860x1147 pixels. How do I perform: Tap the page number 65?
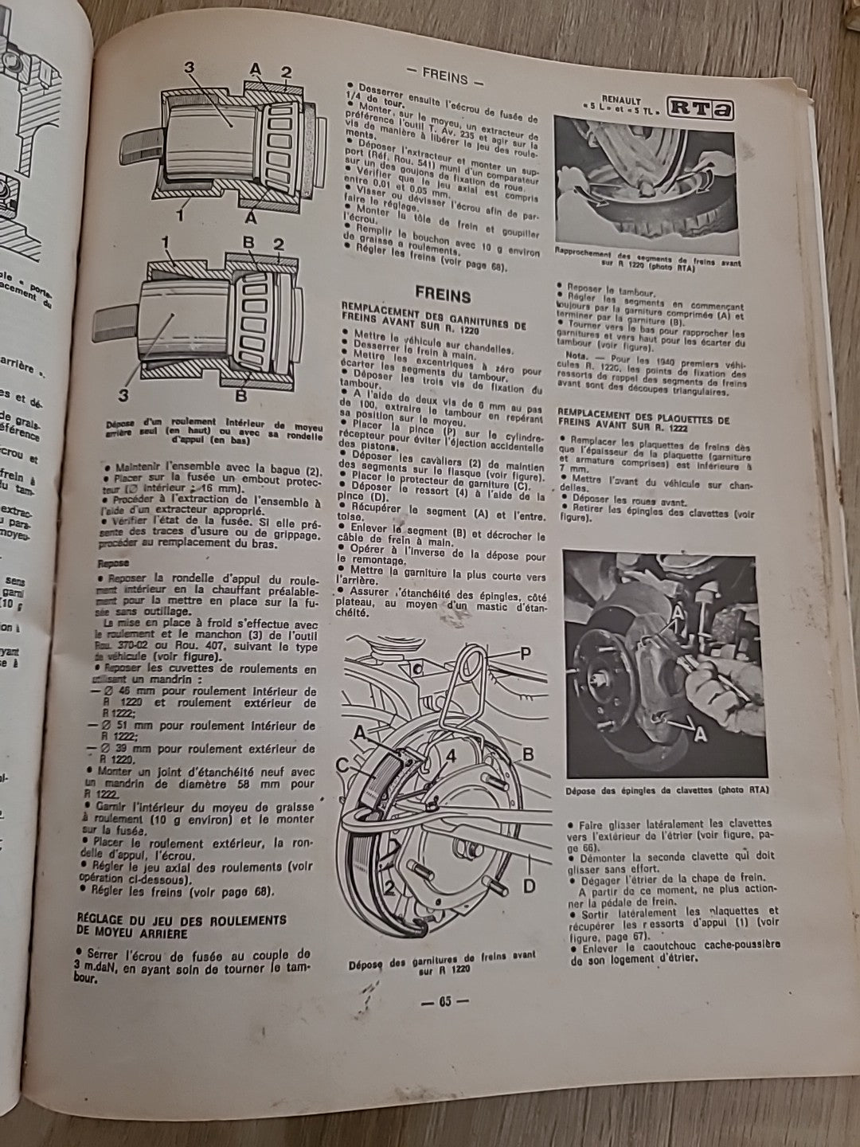click(444, 1001)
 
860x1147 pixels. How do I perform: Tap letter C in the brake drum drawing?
click(342, 765)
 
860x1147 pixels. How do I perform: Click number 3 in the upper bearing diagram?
click(190, 68)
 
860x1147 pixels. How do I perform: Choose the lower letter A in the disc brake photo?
click(701, 735)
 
